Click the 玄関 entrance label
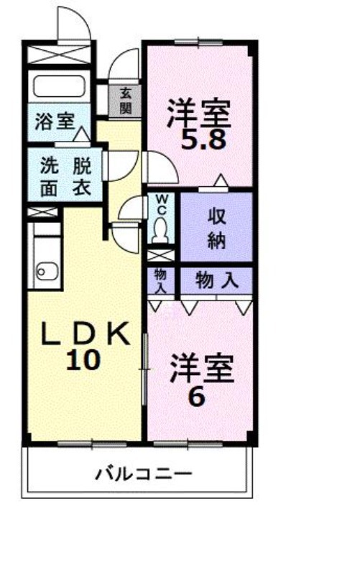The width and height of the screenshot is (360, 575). click(125, 101)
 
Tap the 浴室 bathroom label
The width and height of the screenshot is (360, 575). click(55, 121)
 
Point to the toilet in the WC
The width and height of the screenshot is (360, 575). click(160, 230)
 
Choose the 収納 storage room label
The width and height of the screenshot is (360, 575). click(216, 228)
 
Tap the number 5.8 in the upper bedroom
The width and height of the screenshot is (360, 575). click(203, 139)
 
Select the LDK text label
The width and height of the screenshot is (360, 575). click(85, 333)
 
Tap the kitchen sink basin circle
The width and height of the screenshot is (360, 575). click(42, 272)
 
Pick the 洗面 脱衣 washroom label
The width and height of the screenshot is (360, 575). click(65, 177)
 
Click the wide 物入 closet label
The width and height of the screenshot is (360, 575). click(217, 281)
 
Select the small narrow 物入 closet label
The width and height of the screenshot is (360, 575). click(160, 281)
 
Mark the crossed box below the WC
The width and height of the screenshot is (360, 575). click(161, 255)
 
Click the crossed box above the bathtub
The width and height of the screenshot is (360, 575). click(59, 55)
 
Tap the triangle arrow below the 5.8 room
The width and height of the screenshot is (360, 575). click(221, 181)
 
